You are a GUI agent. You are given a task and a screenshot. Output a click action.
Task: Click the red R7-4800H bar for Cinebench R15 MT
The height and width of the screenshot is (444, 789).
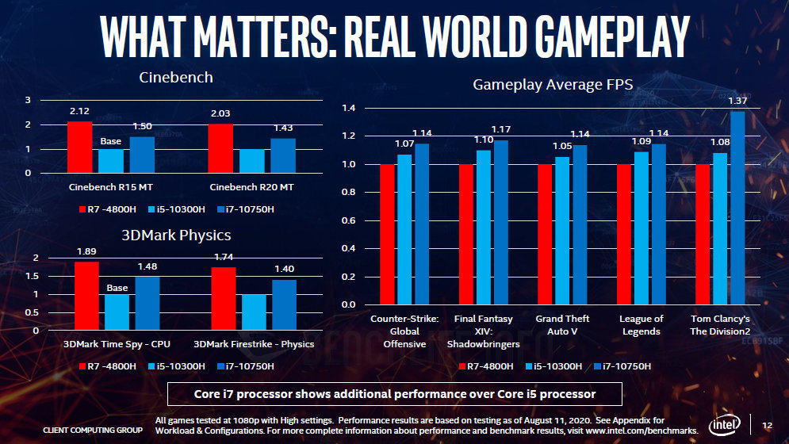point(79,147)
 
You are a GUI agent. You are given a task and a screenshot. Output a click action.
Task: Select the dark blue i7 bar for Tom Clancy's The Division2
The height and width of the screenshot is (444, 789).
point(737,208)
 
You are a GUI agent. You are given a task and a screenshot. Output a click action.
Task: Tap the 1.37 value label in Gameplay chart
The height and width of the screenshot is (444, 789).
point(737,101)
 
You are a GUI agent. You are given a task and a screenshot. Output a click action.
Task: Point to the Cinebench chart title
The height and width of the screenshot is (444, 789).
point(176,78)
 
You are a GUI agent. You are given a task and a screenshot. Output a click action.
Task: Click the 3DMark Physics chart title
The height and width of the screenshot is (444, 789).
point(176,236)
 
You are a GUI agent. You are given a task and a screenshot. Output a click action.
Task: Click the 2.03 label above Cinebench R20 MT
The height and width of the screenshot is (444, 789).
point(220,114)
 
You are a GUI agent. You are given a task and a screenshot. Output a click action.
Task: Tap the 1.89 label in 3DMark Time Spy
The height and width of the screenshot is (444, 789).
point(86,251)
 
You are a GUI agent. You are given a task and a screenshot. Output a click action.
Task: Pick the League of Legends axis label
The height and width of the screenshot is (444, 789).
point(641,325)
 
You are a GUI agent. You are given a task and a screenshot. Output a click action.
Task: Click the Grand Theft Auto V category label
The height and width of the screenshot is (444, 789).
point(562,325)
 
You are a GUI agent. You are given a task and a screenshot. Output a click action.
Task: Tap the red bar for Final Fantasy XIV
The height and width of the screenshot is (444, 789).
point(466,235)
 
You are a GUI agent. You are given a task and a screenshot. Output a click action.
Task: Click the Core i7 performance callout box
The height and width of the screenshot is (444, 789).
point(395,394)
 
